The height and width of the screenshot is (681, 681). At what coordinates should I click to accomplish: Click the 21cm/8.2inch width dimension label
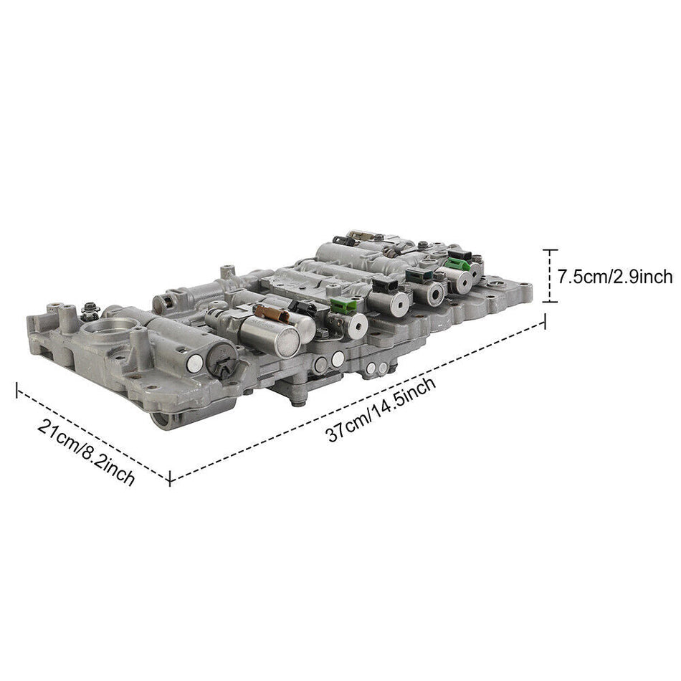point(86,453)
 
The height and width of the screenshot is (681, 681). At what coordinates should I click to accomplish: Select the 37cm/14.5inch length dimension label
point(381,409)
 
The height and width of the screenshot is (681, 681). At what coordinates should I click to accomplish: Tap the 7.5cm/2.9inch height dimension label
point(614,276)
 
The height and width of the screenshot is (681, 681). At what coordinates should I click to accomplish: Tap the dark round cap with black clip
point(222,359)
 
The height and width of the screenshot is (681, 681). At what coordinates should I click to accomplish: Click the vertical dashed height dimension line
point(550,276)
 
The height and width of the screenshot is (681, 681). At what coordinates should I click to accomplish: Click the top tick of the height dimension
point(550,250)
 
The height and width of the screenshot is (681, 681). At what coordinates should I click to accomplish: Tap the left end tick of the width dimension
point(16,389)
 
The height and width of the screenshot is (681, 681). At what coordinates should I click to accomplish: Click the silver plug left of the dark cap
point(194,364)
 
